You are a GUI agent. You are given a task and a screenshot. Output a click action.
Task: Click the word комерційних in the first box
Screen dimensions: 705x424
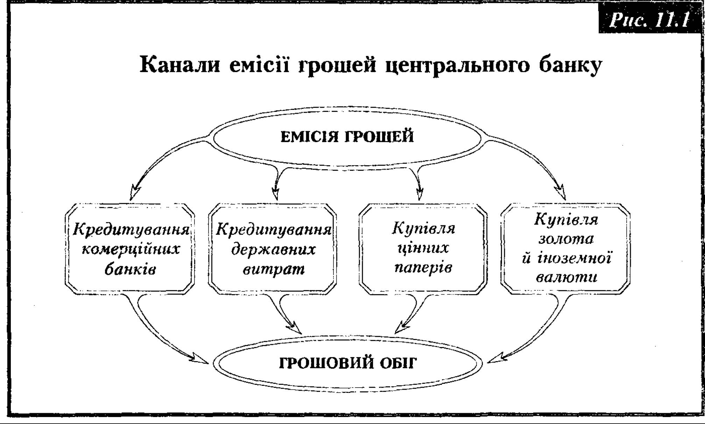[131, 249]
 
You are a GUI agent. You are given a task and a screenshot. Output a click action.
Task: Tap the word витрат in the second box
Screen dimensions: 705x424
[274, 269]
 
